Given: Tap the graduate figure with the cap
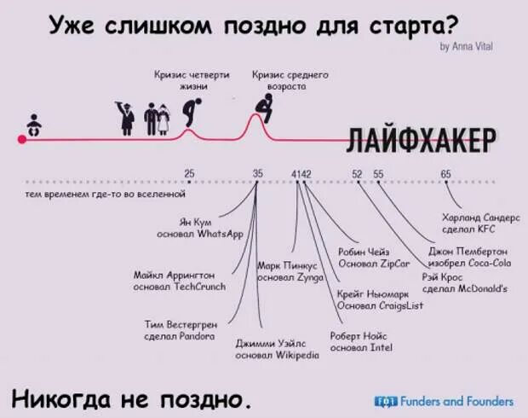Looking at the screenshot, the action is coord(125,116).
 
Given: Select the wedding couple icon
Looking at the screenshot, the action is coord(156,119).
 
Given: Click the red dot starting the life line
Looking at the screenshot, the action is coord(22,139).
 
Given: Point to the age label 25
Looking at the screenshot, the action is coord(189,173).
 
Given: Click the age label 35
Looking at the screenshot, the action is coord(258,173).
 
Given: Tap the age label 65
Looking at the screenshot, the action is coord(446,173).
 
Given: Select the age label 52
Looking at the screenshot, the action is coord(358,173).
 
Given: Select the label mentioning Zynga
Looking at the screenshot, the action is coord(288,271).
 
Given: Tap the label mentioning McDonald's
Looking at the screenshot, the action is coord(464,282).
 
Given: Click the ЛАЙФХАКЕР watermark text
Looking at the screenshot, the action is coord(421,139).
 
